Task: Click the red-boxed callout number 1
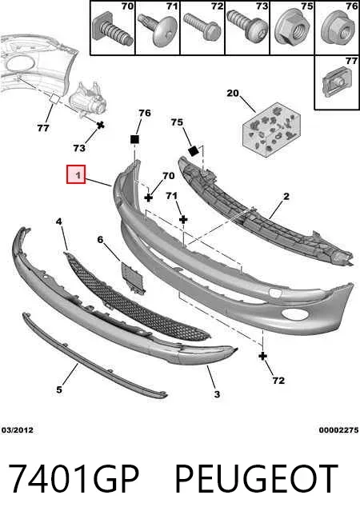point(76,174)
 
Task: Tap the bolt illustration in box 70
point(112,30)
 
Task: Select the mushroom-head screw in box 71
point(158,30)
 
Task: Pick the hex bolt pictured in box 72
point(202,26)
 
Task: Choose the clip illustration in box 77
point(336,82)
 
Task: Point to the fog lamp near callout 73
point(87,99)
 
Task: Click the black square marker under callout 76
point(134,139)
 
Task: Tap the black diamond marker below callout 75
point(194,151)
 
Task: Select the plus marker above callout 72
point(262,356)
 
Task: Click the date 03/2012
point(18,430)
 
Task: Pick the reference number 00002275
point(338,430)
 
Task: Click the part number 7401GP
point(74,478)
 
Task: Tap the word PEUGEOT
point(256,478)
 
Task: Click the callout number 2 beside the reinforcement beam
point(286,197)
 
